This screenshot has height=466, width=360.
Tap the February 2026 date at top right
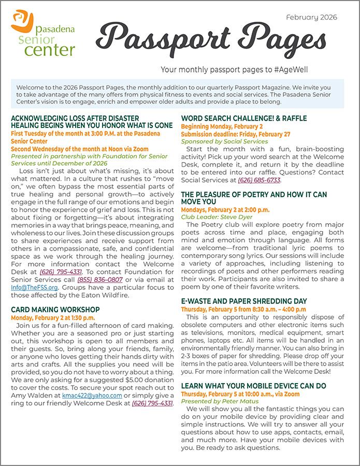[311, 17]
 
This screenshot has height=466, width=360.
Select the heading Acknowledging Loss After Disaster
[75, 118]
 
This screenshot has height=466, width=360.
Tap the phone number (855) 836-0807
[100, 280]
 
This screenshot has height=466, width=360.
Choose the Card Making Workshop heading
[55, 310]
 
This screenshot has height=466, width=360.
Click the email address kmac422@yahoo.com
[91, 395]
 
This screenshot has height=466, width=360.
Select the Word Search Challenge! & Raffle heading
[244, 118]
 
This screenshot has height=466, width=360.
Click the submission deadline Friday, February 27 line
[236, 134]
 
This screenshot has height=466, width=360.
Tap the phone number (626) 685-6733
[259, 180]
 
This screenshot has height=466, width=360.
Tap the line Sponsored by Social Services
[224, 141]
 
